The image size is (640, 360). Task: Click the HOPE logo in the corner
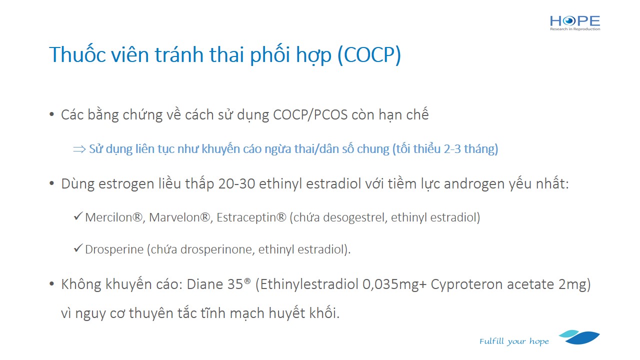[575, 23]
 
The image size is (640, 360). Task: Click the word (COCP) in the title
[369, 55]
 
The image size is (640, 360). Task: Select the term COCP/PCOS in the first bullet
[310, 115]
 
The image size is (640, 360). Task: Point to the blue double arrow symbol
[79, 149]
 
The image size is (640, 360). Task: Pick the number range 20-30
[236, 183]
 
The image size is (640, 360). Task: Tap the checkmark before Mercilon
[78, 216]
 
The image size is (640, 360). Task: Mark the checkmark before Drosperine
[78, 248]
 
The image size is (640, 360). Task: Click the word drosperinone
[217, 249]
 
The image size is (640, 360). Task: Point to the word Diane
[205, 284]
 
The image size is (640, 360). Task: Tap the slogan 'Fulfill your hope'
[514, 341]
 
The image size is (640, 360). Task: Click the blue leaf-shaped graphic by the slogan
[579, 337]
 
